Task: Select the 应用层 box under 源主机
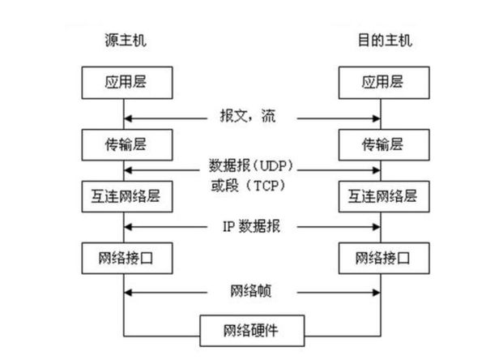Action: pyautogui.click(x=123, y=81)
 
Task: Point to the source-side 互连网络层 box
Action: pyautogui.click(x=123, y=195)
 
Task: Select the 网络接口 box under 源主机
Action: pyautogui.click(x=123, y=259)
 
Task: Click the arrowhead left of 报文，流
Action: pyautogui.click(x=127, y=116)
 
